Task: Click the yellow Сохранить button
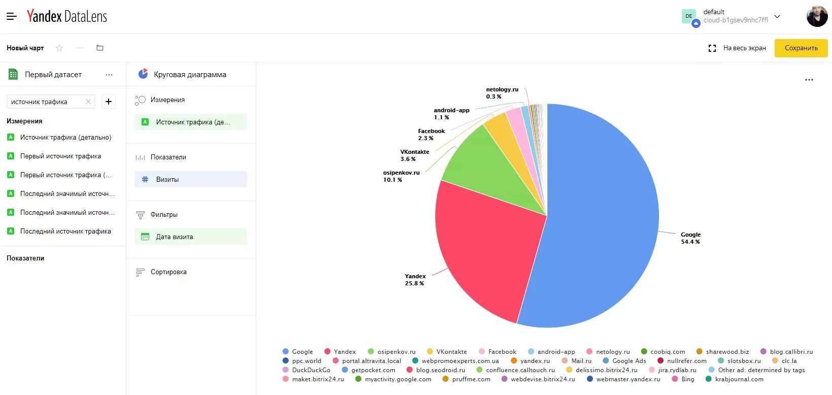[801, 48]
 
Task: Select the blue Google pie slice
[599, 213]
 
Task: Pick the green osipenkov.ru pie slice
[487, 168]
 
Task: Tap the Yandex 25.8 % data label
[414, 280]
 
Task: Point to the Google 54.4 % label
[690, 238]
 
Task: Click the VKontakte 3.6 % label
[414, 155]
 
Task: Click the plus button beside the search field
[109, 102]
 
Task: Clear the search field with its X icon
[88, 102]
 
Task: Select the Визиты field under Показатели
[191, 179]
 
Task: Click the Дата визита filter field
[191, 237]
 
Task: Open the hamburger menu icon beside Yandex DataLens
[12, 16]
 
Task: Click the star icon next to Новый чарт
[59, 48]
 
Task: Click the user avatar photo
[817, 16]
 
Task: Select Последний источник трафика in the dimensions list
[65, 232]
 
